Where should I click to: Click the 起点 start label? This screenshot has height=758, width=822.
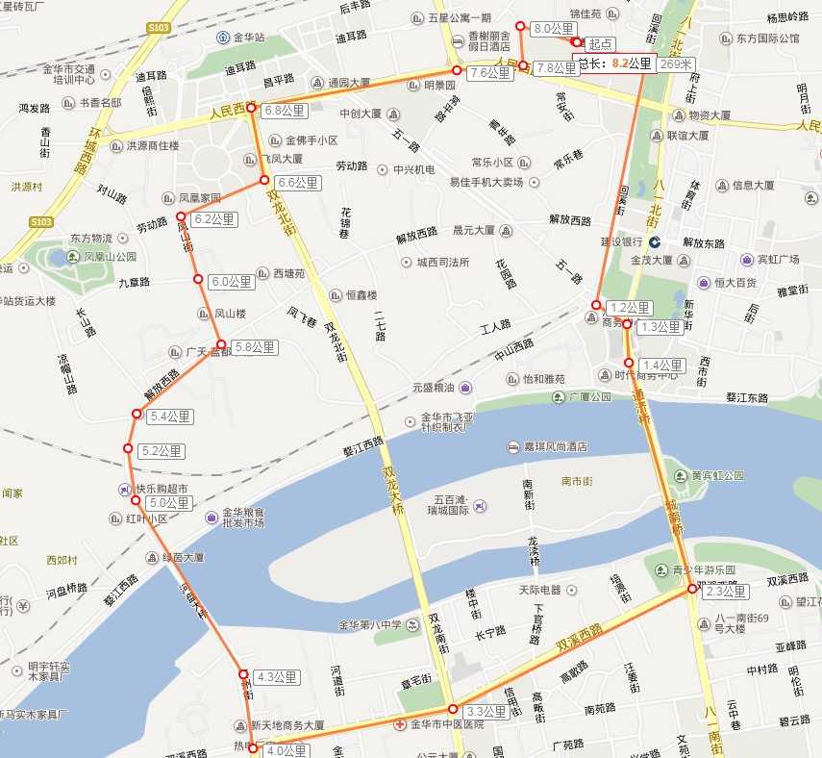pyautogui.click(x=600, y=44)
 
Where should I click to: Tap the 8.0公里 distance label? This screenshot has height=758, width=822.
pyautogui.click(x=551, y=29)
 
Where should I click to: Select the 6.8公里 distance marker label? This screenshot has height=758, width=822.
pyautogui.click(x=284, y=111)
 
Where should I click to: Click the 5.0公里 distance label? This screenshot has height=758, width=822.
pyautogui.click(x=169, y=503)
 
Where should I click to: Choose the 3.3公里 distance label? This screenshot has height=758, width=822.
pyautogui.click(x=486, y=713)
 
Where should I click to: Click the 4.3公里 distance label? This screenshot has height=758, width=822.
pyautogui.click(x=278, y=677)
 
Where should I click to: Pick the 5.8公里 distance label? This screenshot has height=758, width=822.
pyautogui.click(x=253, y=347)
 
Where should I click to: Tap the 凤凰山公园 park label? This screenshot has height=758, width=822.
pyautogui.click(x=110, y=257)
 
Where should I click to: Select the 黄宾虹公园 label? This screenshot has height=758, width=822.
pyautogui.click(x=717, y=475)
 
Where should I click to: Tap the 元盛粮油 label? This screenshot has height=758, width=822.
pyautogui.click(x=436, y=387)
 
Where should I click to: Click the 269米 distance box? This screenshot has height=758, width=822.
pyautogui.click(x=676, y=64)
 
